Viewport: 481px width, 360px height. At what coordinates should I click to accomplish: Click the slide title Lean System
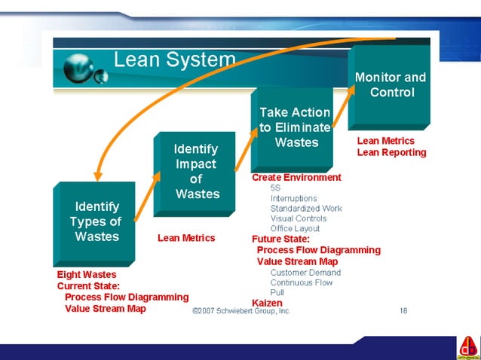point(174,59)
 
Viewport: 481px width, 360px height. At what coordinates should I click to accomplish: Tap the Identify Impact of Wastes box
point(195,172)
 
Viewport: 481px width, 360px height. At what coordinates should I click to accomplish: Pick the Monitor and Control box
point(389,84)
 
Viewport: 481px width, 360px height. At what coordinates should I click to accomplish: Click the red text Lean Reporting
point(391,153)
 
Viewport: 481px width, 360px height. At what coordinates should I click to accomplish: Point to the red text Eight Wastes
point(87,275)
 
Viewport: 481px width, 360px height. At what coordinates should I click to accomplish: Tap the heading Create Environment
point(296,178)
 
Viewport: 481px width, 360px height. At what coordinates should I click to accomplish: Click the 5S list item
point(275,188)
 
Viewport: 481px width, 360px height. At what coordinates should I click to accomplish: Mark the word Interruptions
point(293,198)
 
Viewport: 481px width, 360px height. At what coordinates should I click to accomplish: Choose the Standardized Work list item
point(305,209)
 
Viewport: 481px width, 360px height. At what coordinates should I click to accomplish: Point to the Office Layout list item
point(295,229)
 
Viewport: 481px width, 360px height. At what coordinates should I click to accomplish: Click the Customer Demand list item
point(305,273)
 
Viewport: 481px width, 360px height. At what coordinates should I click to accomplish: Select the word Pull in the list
point(277,293)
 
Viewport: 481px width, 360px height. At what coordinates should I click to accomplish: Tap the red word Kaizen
point(267,303)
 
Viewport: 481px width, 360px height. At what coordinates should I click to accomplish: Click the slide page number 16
point(404,310)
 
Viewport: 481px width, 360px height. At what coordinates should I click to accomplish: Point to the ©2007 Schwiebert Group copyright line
point(241,310)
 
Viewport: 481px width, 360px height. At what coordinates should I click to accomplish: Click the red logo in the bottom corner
point(467,347)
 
